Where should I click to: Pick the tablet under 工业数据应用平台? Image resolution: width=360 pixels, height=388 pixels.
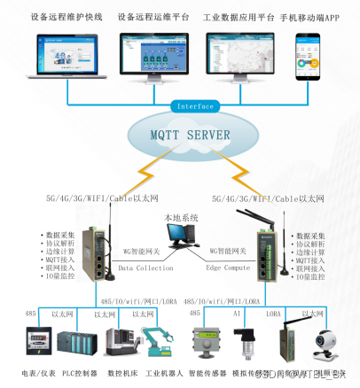tap(240, 55)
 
